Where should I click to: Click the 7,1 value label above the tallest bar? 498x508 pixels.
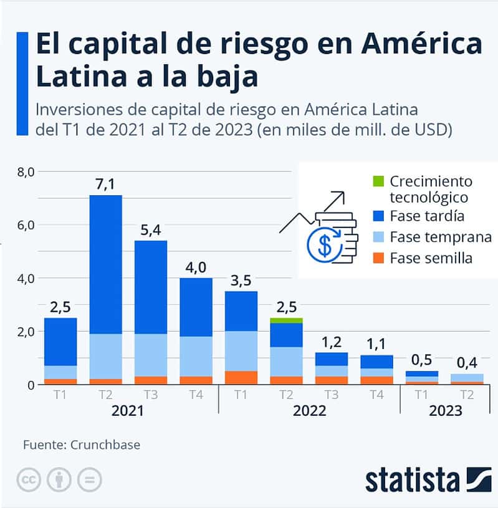click(105, 185)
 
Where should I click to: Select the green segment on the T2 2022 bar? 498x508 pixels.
click(287, 320)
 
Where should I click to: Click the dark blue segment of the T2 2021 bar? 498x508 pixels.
click(105, 264)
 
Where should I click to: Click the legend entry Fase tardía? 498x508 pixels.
click(426, 216)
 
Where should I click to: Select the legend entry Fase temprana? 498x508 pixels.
click(440, 237)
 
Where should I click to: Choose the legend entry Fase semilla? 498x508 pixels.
click(431, 257)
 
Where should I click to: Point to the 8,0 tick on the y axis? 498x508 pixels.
click(27, 171)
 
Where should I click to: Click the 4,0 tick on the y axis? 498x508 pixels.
click(27, 278)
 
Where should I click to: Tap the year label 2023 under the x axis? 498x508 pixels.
click(445, 411)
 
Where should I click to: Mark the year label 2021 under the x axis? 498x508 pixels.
click(127, 411)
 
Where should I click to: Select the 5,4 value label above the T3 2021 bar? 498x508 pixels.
click(151, 230)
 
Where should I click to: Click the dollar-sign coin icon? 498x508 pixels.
click(325, 245)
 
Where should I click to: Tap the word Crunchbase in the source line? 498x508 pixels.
click(105, 444)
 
